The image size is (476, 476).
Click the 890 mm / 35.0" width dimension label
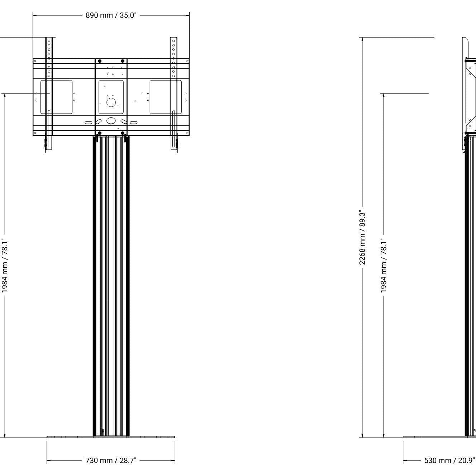click(111, 16)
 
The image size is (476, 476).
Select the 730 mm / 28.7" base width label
click(111, 460)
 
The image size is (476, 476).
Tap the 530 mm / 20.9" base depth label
click(450, 460)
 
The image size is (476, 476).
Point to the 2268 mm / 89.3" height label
click(362, 238)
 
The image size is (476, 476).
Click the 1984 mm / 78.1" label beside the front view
click(5, 265)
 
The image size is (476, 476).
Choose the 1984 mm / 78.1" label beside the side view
click(384, 265)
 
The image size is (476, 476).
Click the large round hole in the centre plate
click(111, 103)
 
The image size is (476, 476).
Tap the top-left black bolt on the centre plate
click(100, 61)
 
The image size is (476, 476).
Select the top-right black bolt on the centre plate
click(123, 61)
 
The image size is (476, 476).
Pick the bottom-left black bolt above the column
click(97, 134)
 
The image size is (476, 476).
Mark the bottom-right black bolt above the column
click(123, 134)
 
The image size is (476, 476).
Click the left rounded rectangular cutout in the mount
click(56, 97)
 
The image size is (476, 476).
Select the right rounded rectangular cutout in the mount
click(166, 97)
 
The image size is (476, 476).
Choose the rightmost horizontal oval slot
click(133, 123)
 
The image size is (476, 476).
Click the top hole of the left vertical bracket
click(49, 41)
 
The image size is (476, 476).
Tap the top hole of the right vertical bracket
click(173, 41)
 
